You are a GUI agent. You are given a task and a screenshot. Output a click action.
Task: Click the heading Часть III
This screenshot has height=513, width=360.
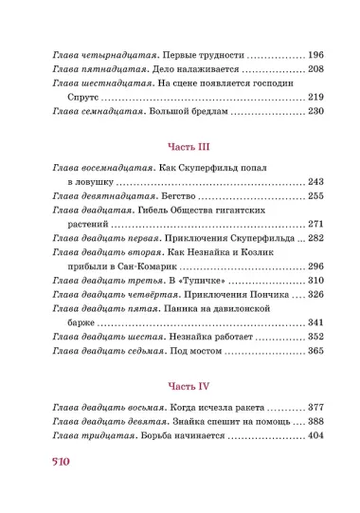tap(180, 147)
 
